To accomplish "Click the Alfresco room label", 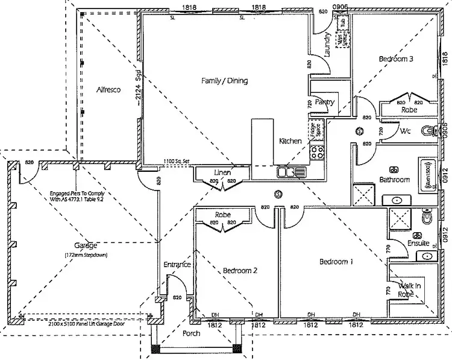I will pos(109,90).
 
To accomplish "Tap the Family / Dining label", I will pos(224,80).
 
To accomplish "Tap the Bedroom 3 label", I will pos(395,59).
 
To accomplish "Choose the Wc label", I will pos(405,130).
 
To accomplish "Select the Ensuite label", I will pos(418,244).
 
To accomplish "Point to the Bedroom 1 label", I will pos(335,262).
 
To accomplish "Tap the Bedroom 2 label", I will pos(239,271).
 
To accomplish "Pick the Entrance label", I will pos(177,265).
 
